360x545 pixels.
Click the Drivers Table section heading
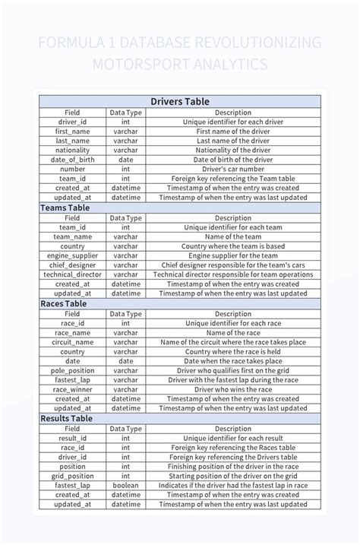click(x=180, y=101)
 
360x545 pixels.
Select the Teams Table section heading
click(x=65, y=208)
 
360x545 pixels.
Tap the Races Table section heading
click(x=64, y=303)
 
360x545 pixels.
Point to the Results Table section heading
click(x=66, y=418)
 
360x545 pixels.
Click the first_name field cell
click(x=72, y=131)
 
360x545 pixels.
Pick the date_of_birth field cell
click(x=72, y=160)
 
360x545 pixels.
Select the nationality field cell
click(x=72, y=151)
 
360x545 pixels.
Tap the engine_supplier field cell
click(x=72, y=255)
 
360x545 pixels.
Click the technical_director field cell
click(x=72, y=274)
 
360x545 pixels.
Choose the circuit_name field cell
click(x=72, y=342)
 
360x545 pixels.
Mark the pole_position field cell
click(x=72, y=370)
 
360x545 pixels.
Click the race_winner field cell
click(x=72, y=389)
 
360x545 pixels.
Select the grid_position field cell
click(x=72, y=476)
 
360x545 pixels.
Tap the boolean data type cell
click(x=125, y=485)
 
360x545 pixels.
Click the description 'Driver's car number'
click(x=233, y=169)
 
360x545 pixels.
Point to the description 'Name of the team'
click(x=233, y=236)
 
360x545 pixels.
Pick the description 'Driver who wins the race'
click(x=233, y=389)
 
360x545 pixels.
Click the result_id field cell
click(x=72, y=438)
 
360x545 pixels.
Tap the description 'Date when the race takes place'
click(x=233, y=361)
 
